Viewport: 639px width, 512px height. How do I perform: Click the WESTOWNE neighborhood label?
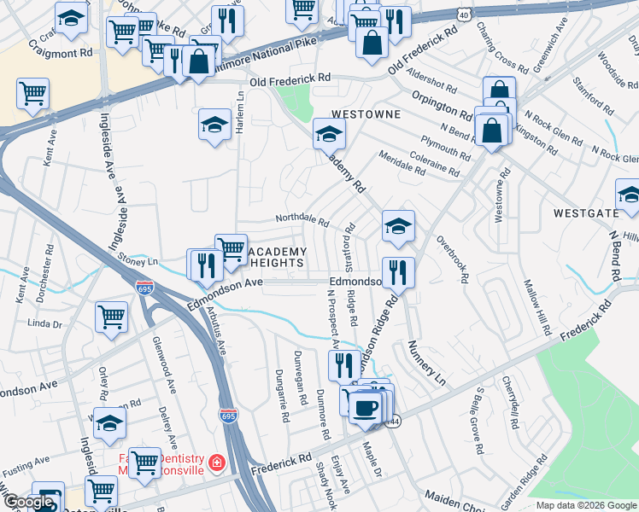[x=361, y=113]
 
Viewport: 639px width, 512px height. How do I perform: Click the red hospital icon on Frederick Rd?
[x=217, y=463]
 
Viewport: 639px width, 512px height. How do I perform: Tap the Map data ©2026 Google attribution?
[x=586, y=505]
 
